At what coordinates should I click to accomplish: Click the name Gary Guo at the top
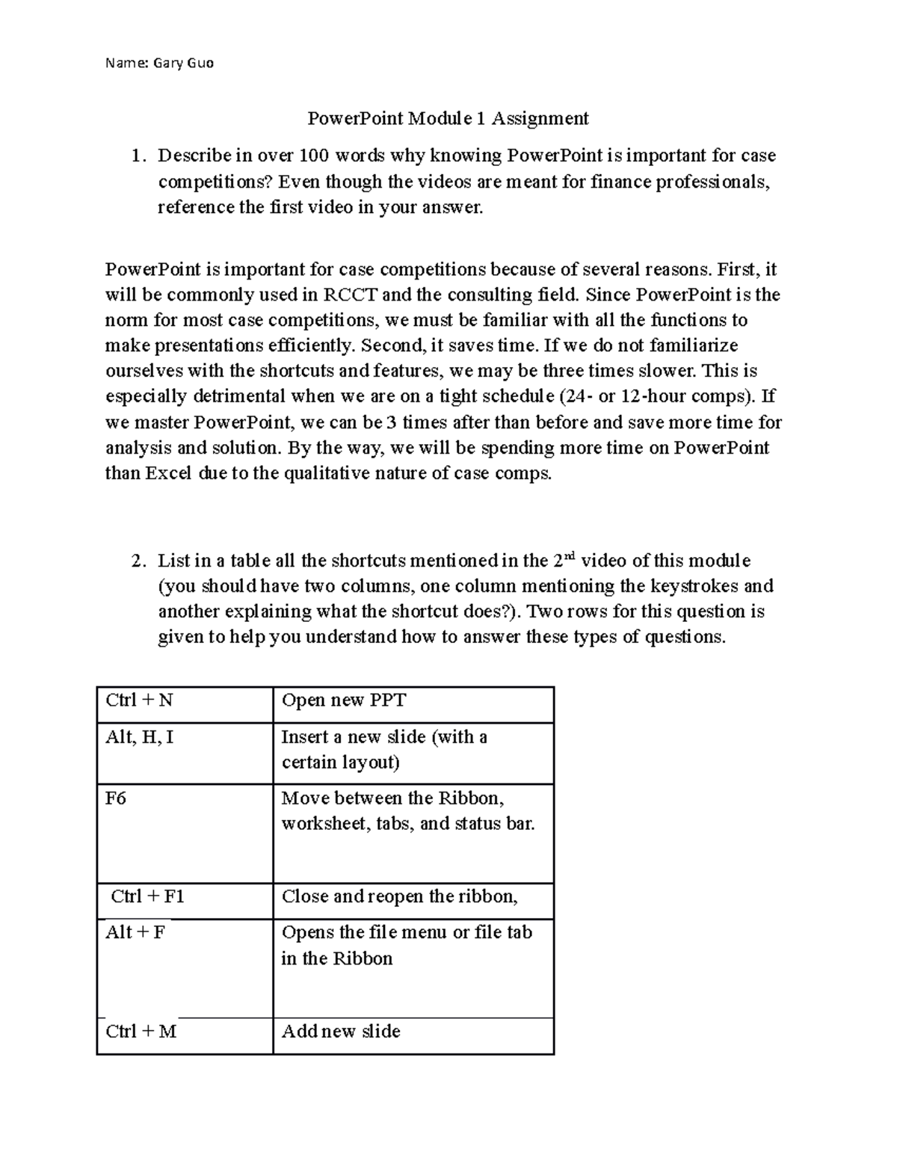183,63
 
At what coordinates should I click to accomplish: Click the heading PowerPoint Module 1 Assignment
449,118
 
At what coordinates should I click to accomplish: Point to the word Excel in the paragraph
168,473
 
